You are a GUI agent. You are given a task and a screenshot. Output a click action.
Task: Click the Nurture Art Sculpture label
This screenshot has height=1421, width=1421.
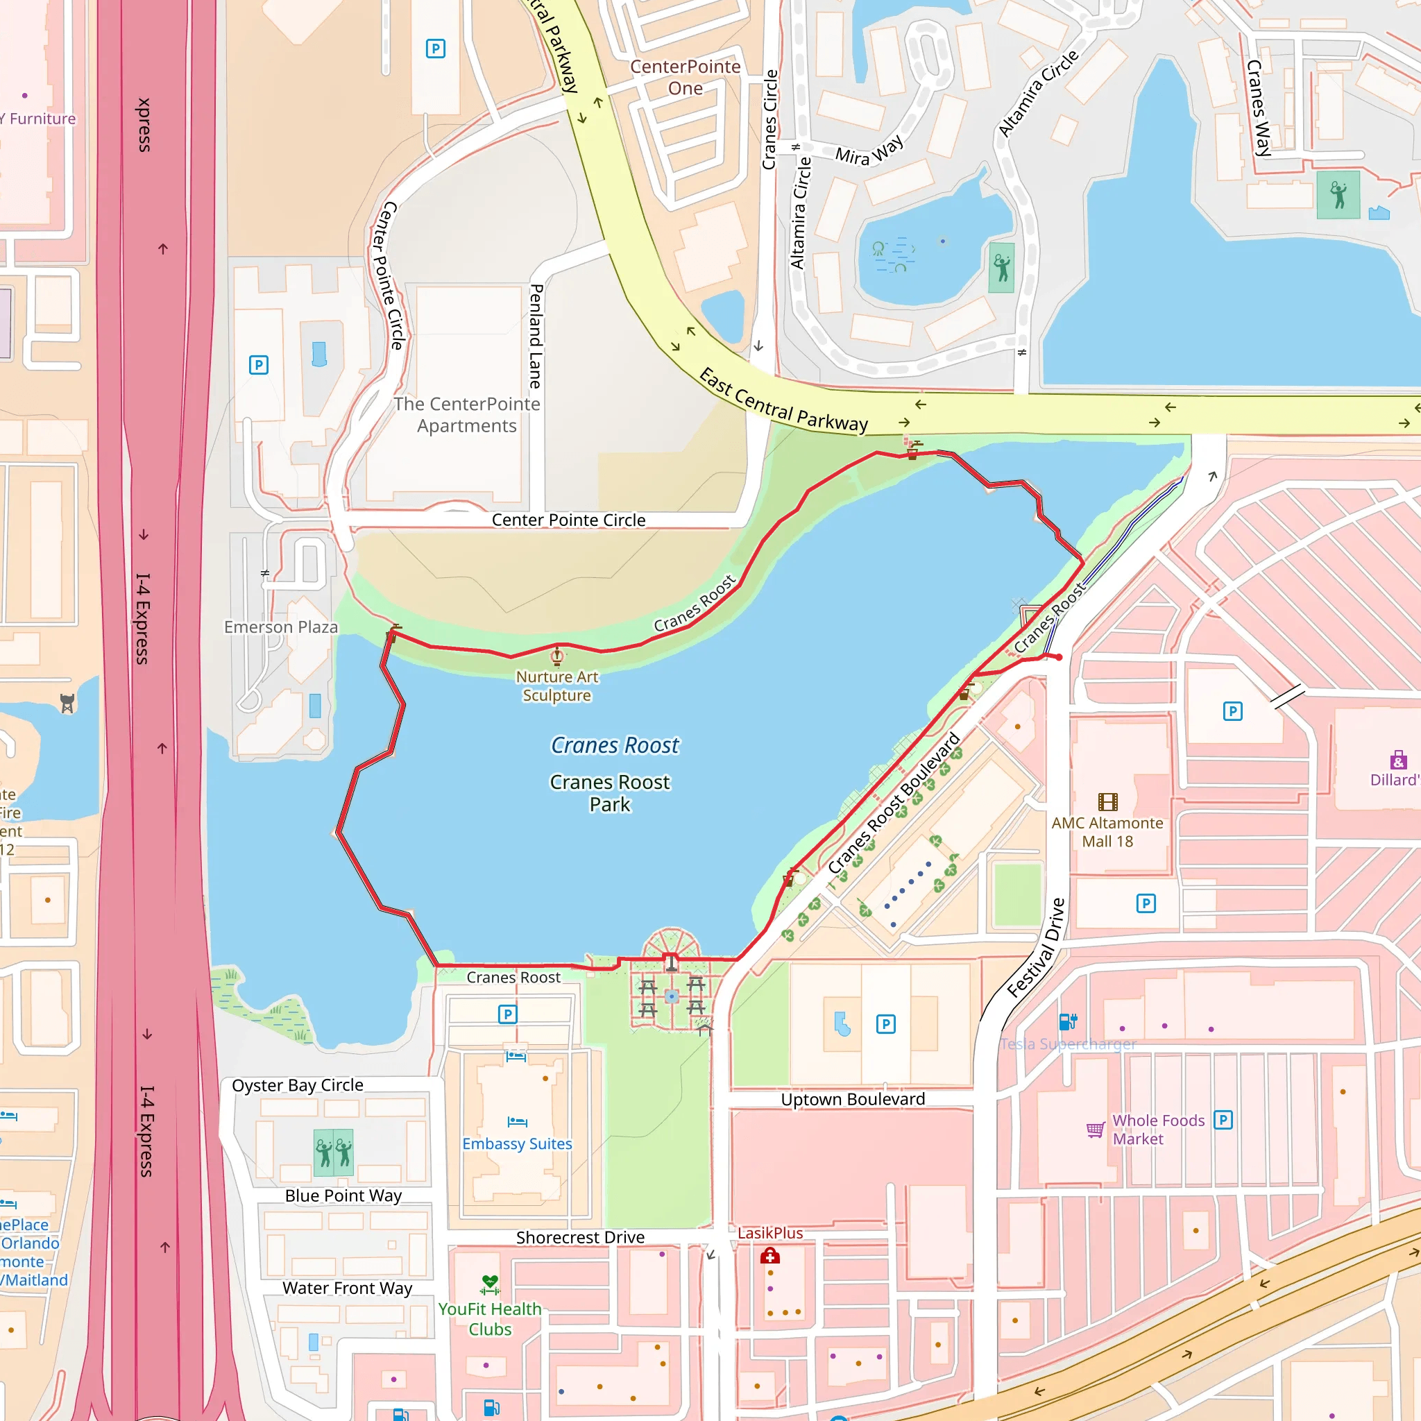[x=556, y=686]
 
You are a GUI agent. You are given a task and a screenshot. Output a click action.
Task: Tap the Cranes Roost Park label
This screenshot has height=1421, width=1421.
[x=610, y=793]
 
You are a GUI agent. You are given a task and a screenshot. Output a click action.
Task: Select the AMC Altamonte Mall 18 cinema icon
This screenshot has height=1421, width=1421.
[x=1107, y=801]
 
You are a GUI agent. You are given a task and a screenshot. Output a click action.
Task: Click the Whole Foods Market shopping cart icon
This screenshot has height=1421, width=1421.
[x=1095, y=1130]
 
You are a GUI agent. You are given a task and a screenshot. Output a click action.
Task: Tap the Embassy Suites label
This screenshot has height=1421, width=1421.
[x=517, y=1143]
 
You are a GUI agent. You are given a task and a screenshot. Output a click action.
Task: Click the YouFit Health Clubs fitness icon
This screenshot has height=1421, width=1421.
[x=490, y=1284]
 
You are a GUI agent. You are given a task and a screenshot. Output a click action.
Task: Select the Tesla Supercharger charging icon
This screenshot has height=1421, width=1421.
[x=1067, y=1021]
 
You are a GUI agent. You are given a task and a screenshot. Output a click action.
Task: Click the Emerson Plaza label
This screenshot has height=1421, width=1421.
[x=281, y=627]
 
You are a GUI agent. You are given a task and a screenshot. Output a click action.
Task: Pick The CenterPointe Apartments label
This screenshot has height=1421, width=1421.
[x=466, y=415]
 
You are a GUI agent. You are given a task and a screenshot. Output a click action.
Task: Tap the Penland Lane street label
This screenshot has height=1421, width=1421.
[x=536, y=336]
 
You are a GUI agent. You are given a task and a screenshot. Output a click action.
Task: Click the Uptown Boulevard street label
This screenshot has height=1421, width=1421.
[x=853, y=1099]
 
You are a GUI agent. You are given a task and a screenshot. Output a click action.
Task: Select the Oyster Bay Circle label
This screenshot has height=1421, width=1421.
[x=297, y=1085]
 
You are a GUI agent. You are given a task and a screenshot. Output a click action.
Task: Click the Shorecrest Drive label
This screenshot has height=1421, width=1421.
[x=579, y=1237]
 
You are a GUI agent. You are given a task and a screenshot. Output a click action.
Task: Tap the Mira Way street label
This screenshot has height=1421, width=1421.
[x=869, y=151]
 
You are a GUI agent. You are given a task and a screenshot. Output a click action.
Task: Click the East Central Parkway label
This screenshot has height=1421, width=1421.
[x=783, y=400]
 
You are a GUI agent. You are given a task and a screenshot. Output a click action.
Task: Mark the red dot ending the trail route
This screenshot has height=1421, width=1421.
[x=1059, y=657]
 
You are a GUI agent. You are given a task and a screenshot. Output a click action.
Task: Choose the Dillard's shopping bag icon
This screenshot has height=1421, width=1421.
[x=1398, y=760]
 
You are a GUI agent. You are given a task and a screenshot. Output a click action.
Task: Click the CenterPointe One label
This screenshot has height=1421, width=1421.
[x=685, y=77]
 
